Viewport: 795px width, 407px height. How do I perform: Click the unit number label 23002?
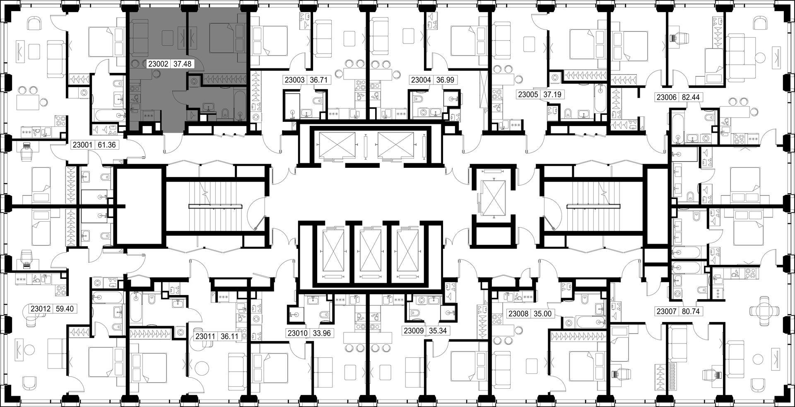click(158, 64)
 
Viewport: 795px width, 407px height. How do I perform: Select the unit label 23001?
click(82, 145)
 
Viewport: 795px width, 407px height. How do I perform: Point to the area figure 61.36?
click(107, 145)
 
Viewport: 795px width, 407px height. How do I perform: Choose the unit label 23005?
click(528, 94)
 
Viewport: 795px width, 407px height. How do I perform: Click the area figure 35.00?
click(542, 314)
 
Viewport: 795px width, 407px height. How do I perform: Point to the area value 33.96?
click(322, 333)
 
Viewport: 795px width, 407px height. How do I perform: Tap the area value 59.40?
click(64, 309)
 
